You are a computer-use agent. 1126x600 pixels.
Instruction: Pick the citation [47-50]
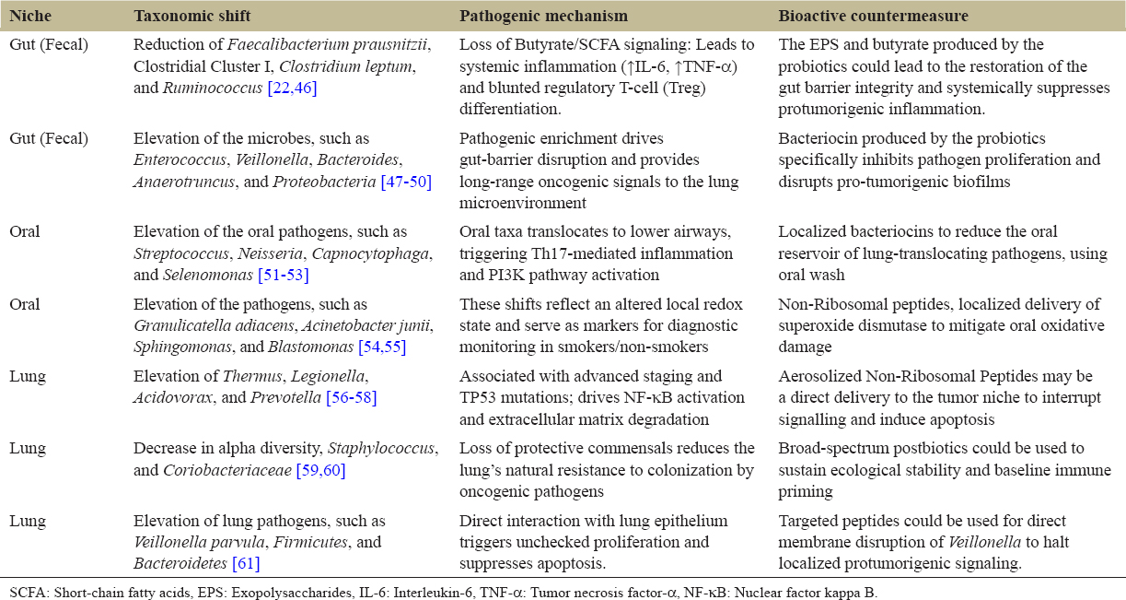[x=406, y=182]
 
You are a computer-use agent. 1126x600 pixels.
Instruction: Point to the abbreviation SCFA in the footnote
[x=23, y=592]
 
